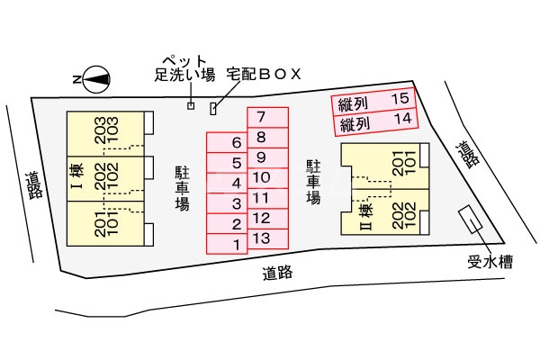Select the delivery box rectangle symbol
213,109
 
